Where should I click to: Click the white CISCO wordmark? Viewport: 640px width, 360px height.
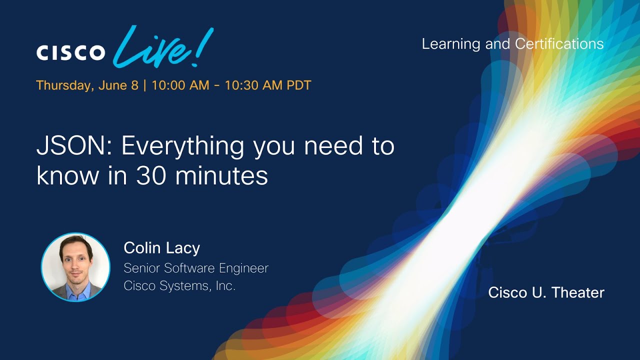pos(70,52)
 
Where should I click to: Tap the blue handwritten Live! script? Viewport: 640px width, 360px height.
pos(163,47)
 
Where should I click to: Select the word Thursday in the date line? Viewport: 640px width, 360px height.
pos(65,85)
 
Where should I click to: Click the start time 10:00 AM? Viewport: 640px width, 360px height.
pos(180,85)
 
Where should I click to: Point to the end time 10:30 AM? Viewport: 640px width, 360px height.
pos(253,85)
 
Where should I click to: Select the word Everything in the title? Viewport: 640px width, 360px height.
pos(183,147)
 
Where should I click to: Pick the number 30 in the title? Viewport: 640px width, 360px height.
pos(151,175)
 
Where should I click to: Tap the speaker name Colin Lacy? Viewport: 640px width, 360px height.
pos(161,248)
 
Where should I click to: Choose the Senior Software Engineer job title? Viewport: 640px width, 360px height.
pos(196,268)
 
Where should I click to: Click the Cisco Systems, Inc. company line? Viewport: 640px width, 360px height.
pos(179,285)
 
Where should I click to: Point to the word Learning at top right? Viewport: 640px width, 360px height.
pos(451,44)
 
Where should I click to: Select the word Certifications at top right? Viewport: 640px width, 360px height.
pos(559,43)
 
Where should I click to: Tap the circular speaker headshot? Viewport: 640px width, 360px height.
pos(75,267)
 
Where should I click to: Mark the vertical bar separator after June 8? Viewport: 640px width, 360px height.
pos(145,85)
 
